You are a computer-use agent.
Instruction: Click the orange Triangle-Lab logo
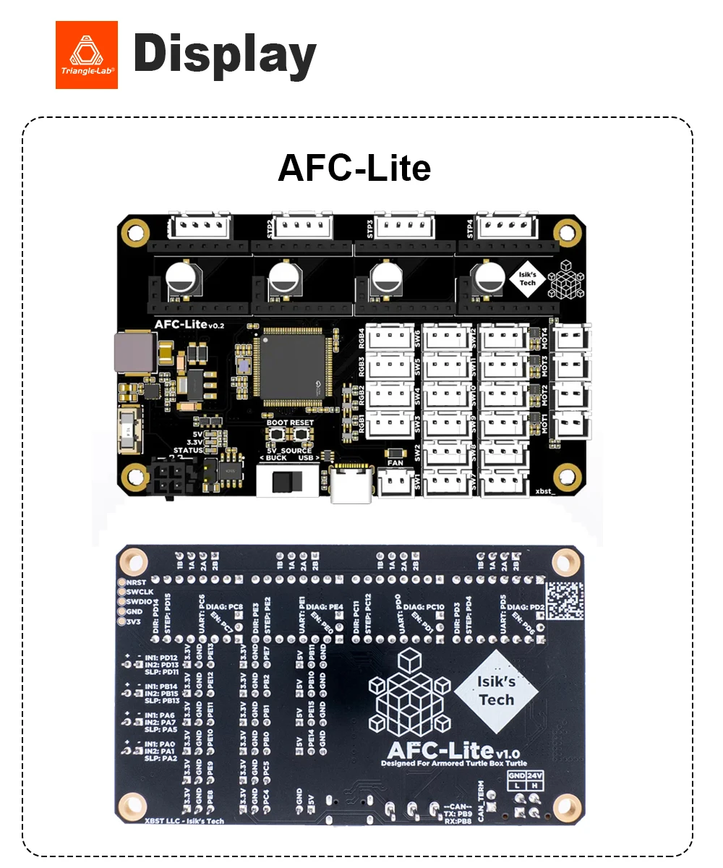pos(86,55)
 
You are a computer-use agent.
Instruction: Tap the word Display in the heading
pos(225,55)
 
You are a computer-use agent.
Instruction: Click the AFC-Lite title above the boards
pos(354,168)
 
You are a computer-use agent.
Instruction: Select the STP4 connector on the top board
pos(505,227)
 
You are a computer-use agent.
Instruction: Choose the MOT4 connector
pos(571,338)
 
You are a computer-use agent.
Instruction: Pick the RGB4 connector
pos(390,338)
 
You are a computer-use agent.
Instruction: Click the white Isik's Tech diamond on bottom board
pos(496,690)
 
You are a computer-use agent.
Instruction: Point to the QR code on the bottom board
pos(564,601)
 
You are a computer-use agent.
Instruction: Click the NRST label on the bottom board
pos(137,582)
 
